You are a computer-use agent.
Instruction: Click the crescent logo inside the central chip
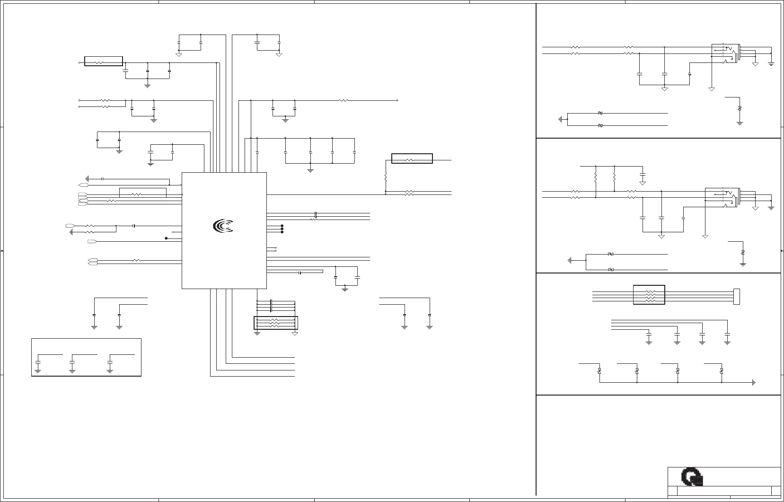(223, 227)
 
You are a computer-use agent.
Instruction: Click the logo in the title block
(693, 477)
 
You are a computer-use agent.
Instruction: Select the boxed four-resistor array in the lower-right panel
(649, 295)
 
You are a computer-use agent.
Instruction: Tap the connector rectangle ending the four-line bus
(736, 296)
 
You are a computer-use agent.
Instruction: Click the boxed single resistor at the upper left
(103, 61)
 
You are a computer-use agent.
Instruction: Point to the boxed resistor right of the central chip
(412, 159)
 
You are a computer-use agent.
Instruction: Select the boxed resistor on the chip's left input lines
(142, 193)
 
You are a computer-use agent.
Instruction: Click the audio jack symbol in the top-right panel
(726, 53)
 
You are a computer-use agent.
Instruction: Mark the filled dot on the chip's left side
(166, 238)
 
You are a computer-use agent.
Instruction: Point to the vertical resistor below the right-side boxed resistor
(386, 178)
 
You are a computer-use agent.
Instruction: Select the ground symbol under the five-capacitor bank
(310, 169)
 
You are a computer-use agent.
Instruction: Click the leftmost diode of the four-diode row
(599, 371)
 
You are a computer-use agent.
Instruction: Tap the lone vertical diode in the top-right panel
(740, 109)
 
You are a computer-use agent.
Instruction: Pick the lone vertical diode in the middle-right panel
(743, 252)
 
